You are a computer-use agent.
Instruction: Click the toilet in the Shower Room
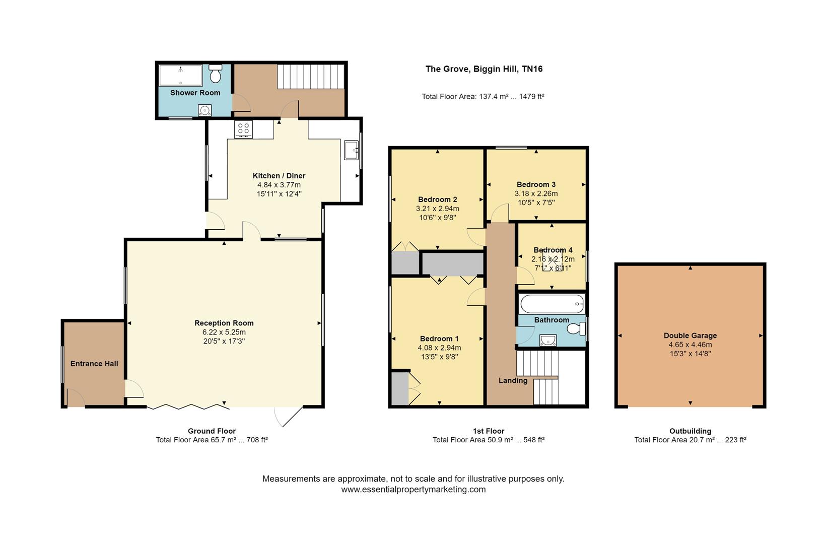pyautogui.click(x=216, y=74)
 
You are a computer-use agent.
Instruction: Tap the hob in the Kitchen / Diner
pyautogui.click(x=244, y=129)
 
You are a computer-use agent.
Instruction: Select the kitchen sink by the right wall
pyautogui.click(x=351, y=150)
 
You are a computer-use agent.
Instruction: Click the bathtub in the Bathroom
pyautogui.click(x=552, y=304)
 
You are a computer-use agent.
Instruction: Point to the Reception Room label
pyautogui.click(x=224, y=323)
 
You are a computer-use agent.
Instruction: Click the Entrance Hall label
pyautogui.click(x=94, y=364)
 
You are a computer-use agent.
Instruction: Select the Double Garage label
pyautogui.click(x=690, y=335)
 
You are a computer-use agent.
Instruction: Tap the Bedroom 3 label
pyautogui.click(x=536, y=184)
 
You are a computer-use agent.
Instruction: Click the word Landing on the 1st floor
pyautogui.click(x=513, y=380)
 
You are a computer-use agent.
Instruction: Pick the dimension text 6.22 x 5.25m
pyautogui.click(x=224, y=332)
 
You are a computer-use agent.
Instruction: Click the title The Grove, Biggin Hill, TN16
pyautogui.click(x=484, y=69)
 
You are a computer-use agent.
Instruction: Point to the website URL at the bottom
pyautogui.click(x=413, y=489)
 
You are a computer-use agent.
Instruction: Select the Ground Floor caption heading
pyautogui.click(x=212, y=431)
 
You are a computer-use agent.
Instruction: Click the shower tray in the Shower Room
pyautogui.click(x=180, y=76)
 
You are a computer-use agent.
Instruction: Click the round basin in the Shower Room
pyautogui.click(x=204, y=110)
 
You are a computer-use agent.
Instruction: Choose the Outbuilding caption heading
pyautogui.click(x=690, y=431)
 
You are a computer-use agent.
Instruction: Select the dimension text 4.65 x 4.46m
pyautogui.click(x=690, y=345)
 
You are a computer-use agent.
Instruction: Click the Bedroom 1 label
pyautogui.click(x=439, y=338)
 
